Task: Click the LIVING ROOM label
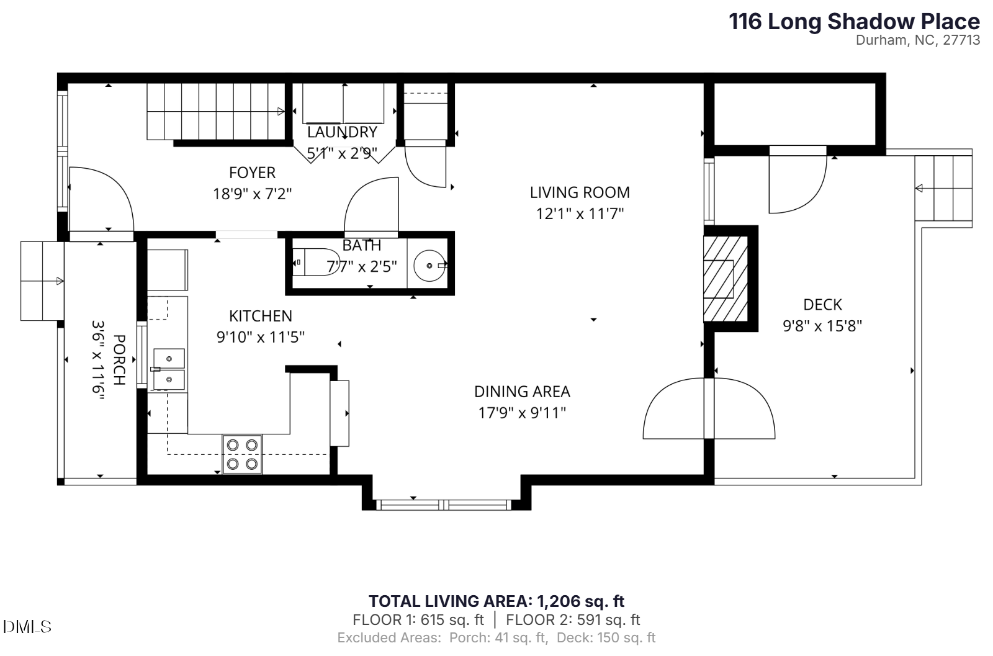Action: coord(579,192)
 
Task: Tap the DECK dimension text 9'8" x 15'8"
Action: coord(822,326)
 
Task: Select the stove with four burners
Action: coord(242,454)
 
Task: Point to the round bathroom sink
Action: coord(429,266)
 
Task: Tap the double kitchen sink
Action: coord(169,369)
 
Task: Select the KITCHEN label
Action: coord(260,316)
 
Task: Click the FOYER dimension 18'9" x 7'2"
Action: coord(252,194)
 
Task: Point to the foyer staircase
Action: coord(214,112)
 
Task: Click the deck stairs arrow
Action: coord(920,188)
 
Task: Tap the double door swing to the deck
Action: coord(709,408)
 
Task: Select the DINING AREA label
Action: coord(522,392)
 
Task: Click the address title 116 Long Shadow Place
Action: coord(854,22)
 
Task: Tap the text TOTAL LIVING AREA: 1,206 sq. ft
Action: coord(496,601)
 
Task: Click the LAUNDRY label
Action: coord(342,132)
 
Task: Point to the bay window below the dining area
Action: coord(446,505)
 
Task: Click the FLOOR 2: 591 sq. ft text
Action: coord(573,619)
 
